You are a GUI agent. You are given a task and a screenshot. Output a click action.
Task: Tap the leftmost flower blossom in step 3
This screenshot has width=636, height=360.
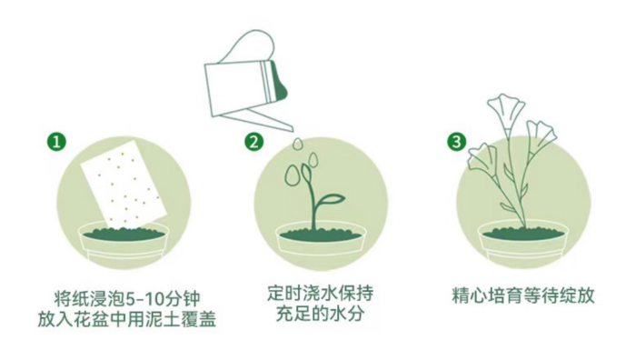point(479,159)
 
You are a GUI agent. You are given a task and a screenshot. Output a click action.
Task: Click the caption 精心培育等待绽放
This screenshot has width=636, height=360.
point(522,296)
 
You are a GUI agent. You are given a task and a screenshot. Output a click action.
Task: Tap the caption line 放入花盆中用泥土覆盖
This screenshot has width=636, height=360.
point(127,318)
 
